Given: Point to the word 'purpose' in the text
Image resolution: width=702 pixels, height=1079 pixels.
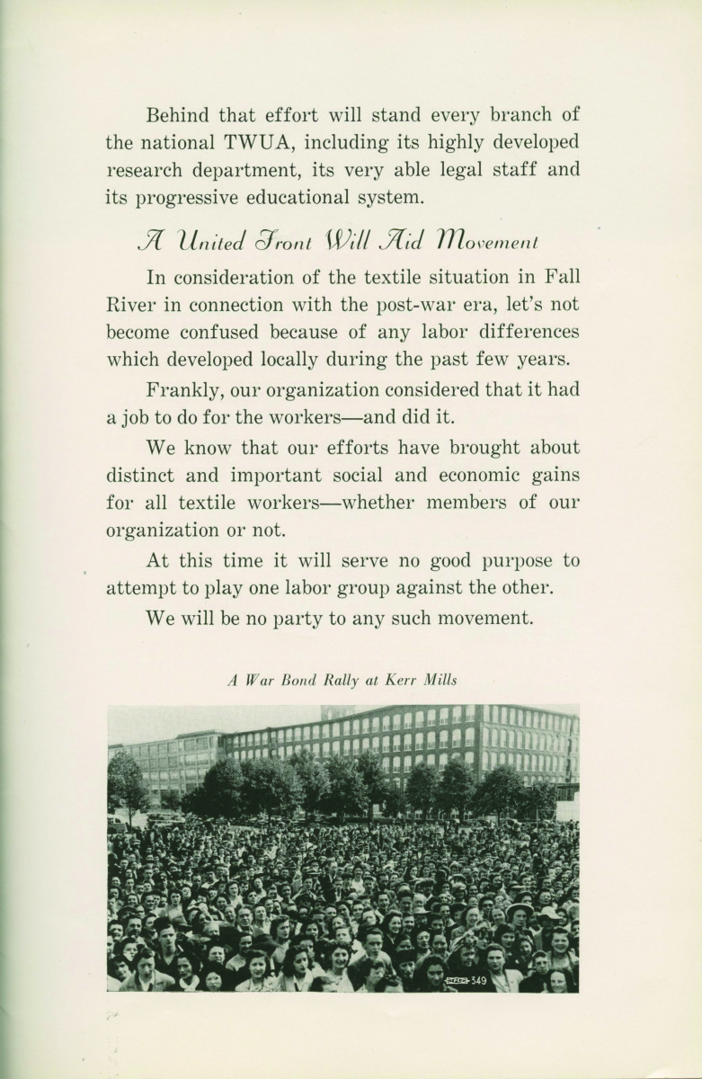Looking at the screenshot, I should pos(504,561).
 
